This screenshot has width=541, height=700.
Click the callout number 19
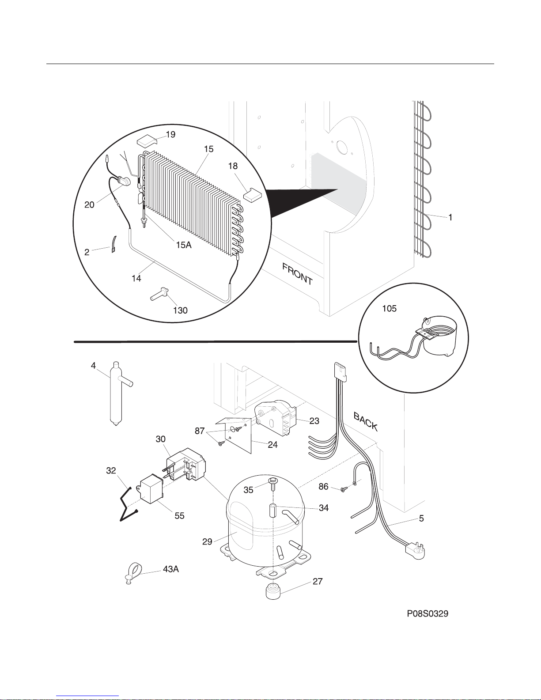coord(170,134)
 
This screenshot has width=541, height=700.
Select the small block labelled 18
coord(253,195)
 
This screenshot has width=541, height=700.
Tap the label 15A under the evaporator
coord(184,245)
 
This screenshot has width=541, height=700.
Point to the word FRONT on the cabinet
coord(297,274)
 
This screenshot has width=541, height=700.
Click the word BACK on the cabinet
coord(366,421)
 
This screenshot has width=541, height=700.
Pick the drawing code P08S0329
coord(428,614)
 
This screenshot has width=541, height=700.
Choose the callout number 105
coord(390,309)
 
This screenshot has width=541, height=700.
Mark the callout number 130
coord(180,310)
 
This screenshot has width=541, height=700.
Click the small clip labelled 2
coord(113,244)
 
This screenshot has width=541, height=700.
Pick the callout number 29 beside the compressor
coord(207,541)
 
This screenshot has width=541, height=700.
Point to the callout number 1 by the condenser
coord(450,217)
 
